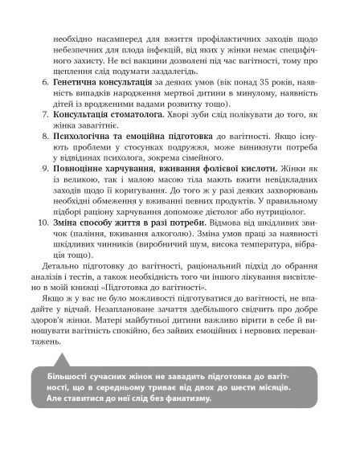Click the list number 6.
44,83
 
